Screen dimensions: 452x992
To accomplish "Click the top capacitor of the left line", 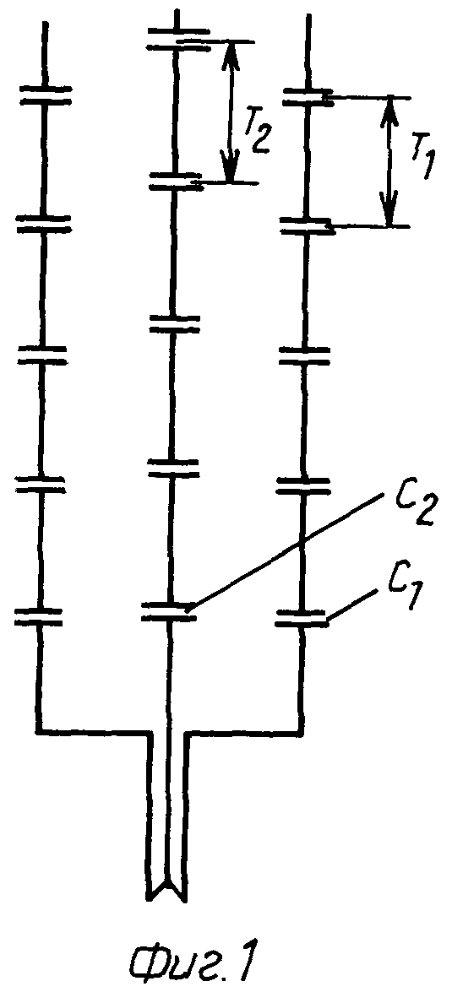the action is pyautogui.click(x=45, y=95).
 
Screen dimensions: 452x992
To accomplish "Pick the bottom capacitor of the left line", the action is pyautogui.click(x=39, y=617).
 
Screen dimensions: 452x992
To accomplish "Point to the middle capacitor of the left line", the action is pyautogui.click(x=41, y=355).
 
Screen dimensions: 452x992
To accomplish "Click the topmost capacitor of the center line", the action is pyautogui.click(x=177, y=37).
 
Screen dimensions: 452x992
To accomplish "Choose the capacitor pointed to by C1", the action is pyautogui.click(x=302, y=618).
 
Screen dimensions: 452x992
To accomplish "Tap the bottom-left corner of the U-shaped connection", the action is pyautogui.click(x=39, y=732).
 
